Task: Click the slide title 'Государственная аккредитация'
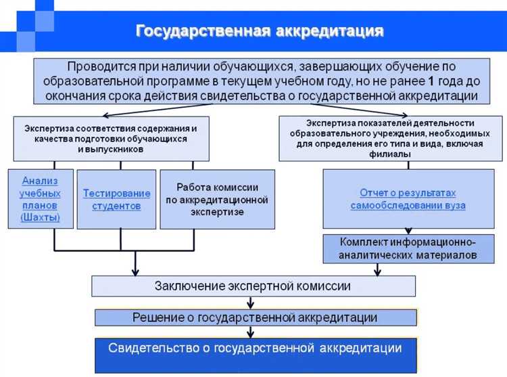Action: [x=260, y=31]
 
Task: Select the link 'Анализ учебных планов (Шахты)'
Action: [x=41, y=199]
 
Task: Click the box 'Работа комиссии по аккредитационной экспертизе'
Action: [x=217, y=199]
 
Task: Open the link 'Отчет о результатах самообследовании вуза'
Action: [x=408, y=199]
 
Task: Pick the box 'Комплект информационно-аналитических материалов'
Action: [x=408, y=248]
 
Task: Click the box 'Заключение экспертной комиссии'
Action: [x=253, y=286]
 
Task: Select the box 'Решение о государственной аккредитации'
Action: [x=255, y=317]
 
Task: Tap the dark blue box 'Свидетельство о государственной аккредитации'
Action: [x=255, y=349]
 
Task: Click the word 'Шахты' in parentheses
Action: [x=41, y=218]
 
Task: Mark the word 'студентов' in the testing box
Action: [x=117, y=206]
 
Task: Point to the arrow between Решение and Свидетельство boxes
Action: [x=251, y=332]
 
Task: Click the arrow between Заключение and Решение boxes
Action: [x=251, y=303]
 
